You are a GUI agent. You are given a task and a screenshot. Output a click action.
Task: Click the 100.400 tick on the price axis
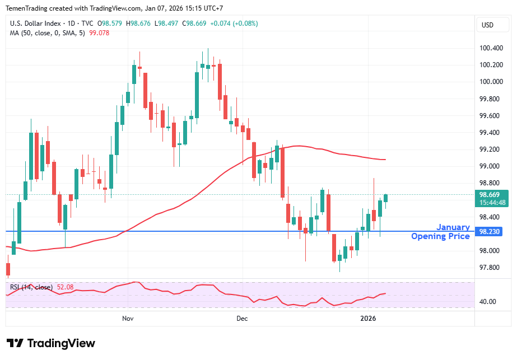point(491,48)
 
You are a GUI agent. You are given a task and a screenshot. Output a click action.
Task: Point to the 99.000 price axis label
point(491,166)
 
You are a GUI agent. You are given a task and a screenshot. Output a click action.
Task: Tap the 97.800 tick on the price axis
point(491,268)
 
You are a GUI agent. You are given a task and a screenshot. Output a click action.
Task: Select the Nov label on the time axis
point(128,319)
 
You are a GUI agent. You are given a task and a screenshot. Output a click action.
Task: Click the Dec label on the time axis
point(242,319)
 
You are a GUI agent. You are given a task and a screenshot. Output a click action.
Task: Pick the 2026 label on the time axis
point(368,319)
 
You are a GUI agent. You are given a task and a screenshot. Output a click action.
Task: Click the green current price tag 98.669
point(491,195)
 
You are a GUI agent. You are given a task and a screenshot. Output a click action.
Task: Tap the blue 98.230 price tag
point(491,231)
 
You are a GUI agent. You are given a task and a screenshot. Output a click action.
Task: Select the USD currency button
point(488,25)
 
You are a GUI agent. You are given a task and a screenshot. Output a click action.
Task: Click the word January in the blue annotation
point(453,227)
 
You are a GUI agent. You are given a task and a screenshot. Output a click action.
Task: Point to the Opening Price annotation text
point(440,236)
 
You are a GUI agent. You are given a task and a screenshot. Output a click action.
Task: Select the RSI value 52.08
point(65,287)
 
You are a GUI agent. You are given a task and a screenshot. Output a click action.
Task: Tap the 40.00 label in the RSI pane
point(488,302)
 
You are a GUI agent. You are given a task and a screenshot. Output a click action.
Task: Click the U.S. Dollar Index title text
point(36,24)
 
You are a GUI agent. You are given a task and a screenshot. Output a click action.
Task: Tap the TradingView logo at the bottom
point(51,343)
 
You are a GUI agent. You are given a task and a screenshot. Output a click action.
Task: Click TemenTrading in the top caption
point(27,8)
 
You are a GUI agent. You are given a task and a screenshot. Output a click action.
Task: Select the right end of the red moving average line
point(385,160)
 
